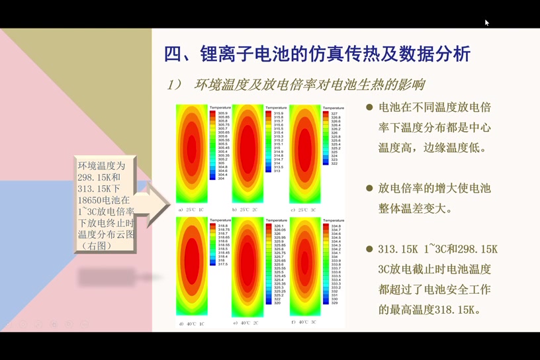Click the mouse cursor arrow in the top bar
coord(486,22)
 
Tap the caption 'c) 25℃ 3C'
coord(303,210)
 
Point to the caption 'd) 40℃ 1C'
coord(191,324)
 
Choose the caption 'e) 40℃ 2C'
coord(246,323)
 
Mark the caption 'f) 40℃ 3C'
coord(303,322)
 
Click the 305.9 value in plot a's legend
coord(223,113)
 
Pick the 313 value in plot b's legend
coord(277,171)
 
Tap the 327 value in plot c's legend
coord(334,114)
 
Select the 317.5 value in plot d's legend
coord(223,264)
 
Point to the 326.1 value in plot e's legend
coord(279,226)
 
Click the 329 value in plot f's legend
coord(334,302)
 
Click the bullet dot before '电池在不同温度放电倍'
coord(369,107)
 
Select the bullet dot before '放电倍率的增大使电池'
coord(369,189)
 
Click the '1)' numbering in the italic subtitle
coord(174,85)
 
